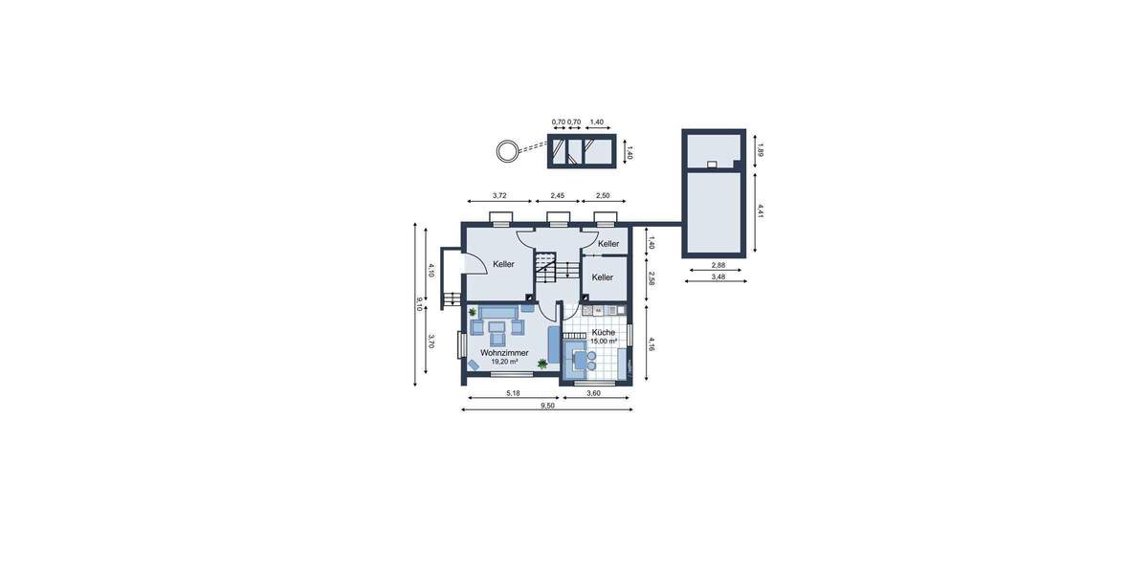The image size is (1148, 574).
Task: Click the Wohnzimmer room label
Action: [x=504, y=353]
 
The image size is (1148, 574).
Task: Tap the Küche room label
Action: [x=603, y=332]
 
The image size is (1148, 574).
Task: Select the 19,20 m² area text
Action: [x=504, y=363]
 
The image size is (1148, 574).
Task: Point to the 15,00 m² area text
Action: [x=603, y=342]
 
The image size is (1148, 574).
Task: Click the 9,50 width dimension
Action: [x=547, y=406]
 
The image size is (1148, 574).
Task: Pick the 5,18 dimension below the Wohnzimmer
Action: [x=512, y=393]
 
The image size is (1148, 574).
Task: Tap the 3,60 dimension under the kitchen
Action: [x=593, y=393]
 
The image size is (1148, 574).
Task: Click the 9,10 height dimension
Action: [x=419, y=304]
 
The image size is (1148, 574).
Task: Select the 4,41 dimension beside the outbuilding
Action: [x=759, y=210]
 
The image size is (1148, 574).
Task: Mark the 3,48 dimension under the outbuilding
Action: [x=717, y=277]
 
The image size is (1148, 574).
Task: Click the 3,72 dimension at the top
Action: [x=498, y=196]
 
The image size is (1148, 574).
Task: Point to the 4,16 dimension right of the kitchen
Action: [x=651, y=343]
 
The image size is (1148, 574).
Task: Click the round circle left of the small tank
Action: [x=505, y=150]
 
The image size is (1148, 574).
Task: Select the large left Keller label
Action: [x=503, y=264]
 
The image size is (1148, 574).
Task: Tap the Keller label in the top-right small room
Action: [x=608, y=244]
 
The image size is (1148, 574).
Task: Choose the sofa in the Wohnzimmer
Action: [x=496, y=312]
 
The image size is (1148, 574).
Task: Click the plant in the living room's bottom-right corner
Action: [x=542, y=364]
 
